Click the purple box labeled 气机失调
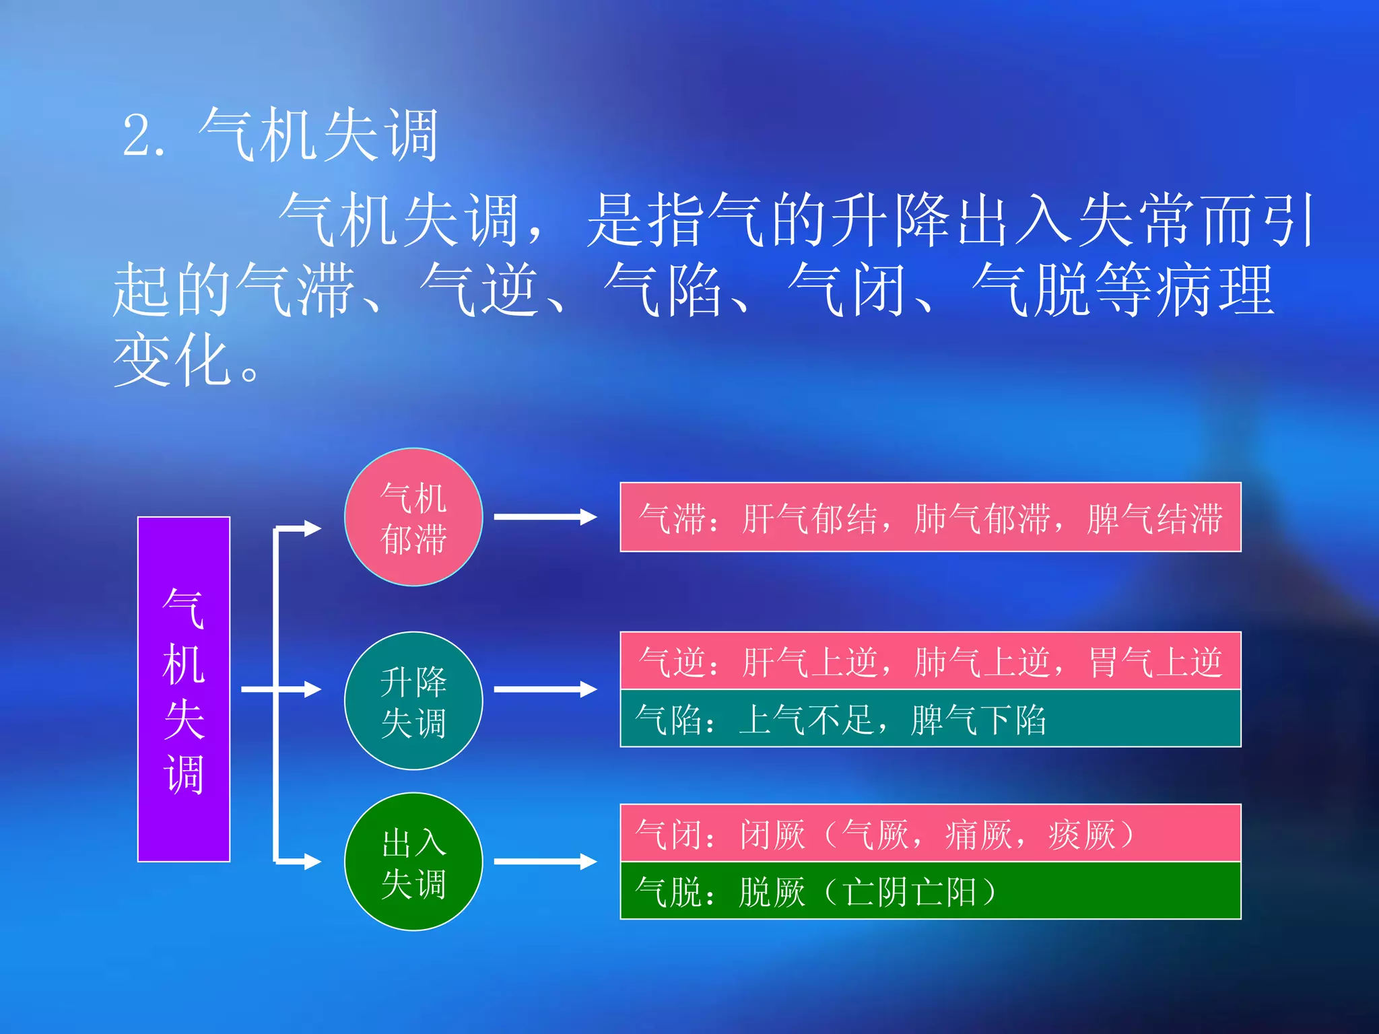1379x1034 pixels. pyautogui.click(x=184, y=689)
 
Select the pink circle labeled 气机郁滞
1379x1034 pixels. pyautogui.click(x=413, y=517)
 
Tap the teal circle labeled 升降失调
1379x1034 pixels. pyautogui.click(x=413, y=701)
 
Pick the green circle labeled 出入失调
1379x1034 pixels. pyautogui.click(x=413, y=862)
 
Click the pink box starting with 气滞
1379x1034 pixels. pyautogui.click(x=930, y=517)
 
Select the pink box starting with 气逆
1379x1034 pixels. pyautogui.click(x=930, y=660)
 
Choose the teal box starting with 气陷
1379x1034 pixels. pyautogui.click(x=930, y=718)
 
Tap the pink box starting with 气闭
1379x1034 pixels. pyautogui.click(x=930, y=833)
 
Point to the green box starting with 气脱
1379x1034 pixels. pyautogui.click(x=930, y=891)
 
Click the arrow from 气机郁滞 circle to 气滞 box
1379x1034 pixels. pyautogui.click(x=545, y=517)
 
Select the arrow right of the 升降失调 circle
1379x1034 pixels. pyautogui.click(x=545, y=689)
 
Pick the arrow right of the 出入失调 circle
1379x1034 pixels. pyautogui.click(x=545, y=862)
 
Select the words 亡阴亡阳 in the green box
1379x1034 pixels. pyautogui.click(x=910, y=892)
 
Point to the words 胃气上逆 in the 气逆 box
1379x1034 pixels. pyautogui.click(x=1155, y=662)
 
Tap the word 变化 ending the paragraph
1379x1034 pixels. pyautogui.click(x=172, y=360)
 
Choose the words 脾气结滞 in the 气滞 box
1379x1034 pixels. pyautogui.click(x=1155, y=518)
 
